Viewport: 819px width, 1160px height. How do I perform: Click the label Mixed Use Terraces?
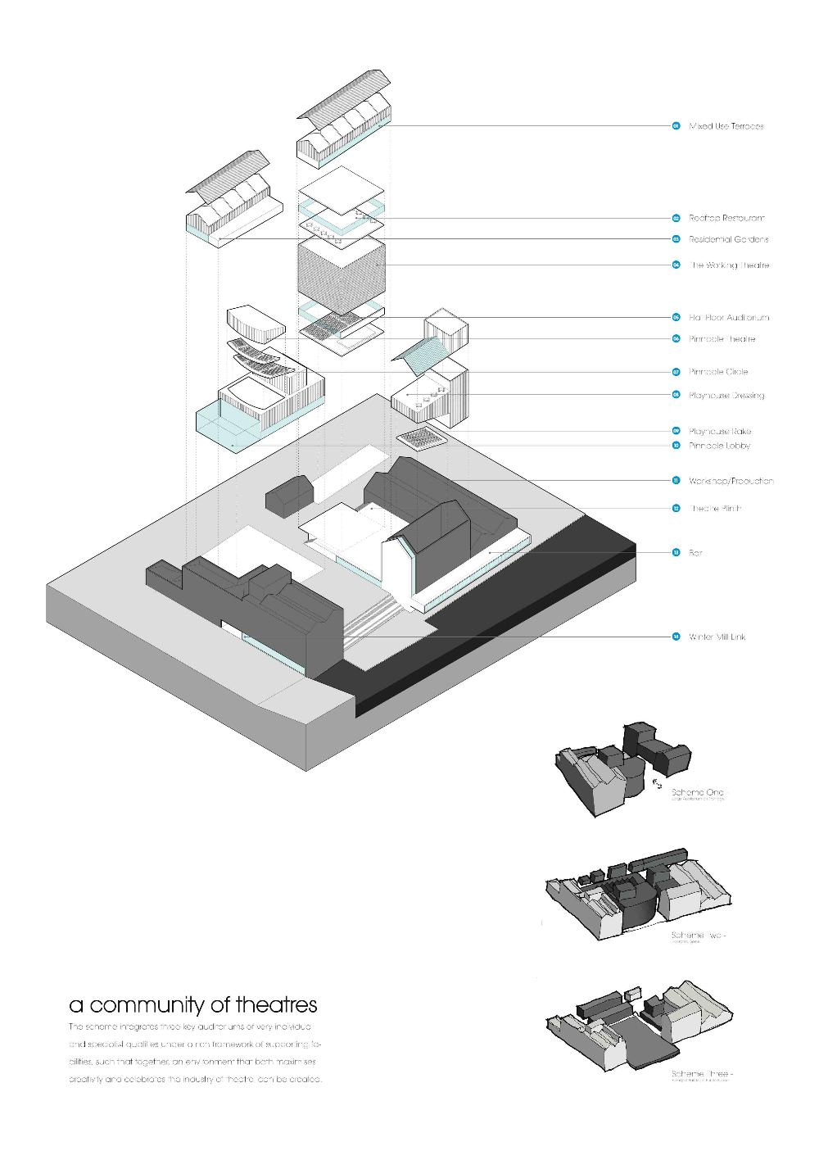pos(726,126)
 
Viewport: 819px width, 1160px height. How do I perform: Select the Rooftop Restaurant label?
pos(726,218)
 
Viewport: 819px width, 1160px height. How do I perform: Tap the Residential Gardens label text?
pos(728,239)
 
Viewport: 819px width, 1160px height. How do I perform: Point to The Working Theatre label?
pos(728,265)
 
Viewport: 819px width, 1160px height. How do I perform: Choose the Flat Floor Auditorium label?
pos(728,317)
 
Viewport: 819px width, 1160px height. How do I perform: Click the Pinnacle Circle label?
pos(718,372)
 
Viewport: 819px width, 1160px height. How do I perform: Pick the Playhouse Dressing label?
pos(726,395)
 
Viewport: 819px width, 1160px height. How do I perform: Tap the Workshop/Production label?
pos(731,481)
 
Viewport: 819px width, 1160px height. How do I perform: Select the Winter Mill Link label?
pos(717,637)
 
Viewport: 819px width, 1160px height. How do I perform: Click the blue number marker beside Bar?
pos(676,553)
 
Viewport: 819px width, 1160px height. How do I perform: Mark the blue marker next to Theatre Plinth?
pos(676,509)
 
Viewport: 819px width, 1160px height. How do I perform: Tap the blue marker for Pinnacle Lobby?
pos(676,446)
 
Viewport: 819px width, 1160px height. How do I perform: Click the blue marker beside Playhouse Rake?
pos(676,431)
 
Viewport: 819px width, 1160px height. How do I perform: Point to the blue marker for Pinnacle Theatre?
pos(676,338)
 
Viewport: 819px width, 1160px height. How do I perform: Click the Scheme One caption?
pos(697,793)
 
